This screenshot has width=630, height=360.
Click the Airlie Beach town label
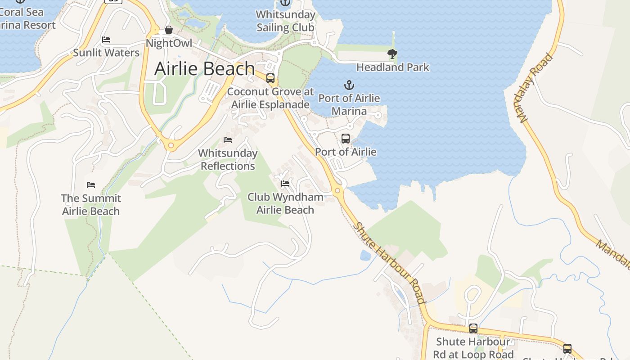click(205, 68)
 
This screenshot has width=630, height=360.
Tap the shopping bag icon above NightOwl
click(169, 30)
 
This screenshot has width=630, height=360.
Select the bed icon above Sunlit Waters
click(106, 40)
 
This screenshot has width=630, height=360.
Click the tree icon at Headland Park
click(392, 54)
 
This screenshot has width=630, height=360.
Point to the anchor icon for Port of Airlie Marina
click(349, 85)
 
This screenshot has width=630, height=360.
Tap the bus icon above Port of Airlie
click(346, 139)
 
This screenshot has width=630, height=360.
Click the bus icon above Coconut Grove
click(270, 78)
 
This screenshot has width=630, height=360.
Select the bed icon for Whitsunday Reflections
click(228, 140)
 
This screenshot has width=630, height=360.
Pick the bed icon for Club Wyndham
click(285, 184)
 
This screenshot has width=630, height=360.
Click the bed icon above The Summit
click(91, 185)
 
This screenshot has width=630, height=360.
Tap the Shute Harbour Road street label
click(390, 263)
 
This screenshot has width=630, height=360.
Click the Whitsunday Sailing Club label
click(285, 21)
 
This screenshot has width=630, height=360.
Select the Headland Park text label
click(393, 67)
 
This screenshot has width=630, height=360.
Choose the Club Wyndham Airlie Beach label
click(285, 203)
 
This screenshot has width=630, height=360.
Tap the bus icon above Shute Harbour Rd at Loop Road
click(473, 328)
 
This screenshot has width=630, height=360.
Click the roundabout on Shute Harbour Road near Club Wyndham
click(337, 191)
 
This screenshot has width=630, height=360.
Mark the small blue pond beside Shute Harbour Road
click(365, 256)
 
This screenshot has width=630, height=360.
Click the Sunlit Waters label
click(106, 53)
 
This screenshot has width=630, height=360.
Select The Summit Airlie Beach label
click(91, 205)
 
